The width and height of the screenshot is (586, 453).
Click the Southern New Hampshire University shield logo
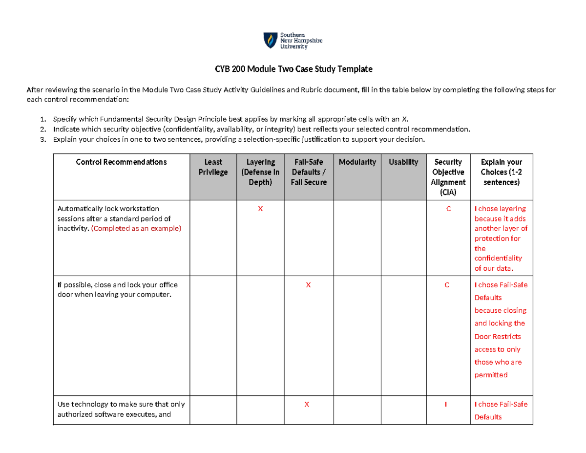click(269, 40)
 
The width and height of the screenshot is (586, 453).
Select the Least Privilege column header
click(212, 167)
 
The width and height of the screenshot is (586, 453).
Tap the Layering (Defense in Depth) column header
click(260, 172)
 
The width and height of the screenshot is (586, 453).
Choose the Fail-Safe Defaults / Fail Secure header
click(309, 172)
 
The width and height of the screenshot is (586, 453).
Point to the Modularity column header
click(357, 162)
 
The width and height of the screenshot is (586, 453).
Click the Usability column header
click(403, 162)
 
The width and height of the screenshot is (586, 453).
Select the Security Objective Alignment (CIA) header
click(446, 177)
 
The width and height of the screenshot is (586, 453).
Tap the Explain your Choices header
click(502, 172)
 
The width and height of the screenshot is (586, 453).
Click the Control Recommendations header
click(122, 162)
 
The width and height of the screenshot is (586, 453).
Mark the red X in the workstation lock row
click(260, 209)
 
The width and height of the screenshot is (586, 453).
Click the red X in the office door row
click(308, 285)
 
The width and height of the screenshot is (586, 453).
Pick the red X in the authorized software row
click(307, 405)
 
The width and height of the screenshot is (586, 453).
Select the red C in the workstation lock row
click(446, 209)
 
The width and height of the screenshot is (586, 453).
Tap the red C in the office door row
click(446, 285)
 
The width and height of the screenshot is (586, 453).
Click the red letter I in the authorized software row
click(446, 405)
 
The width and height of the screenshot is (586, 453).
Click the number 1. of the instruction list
click(43, 119)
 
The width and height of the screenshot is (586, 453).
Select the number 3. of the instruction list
click(43, 139)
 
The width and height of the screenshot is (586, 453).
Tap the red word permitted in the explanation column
click(491, 375)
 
